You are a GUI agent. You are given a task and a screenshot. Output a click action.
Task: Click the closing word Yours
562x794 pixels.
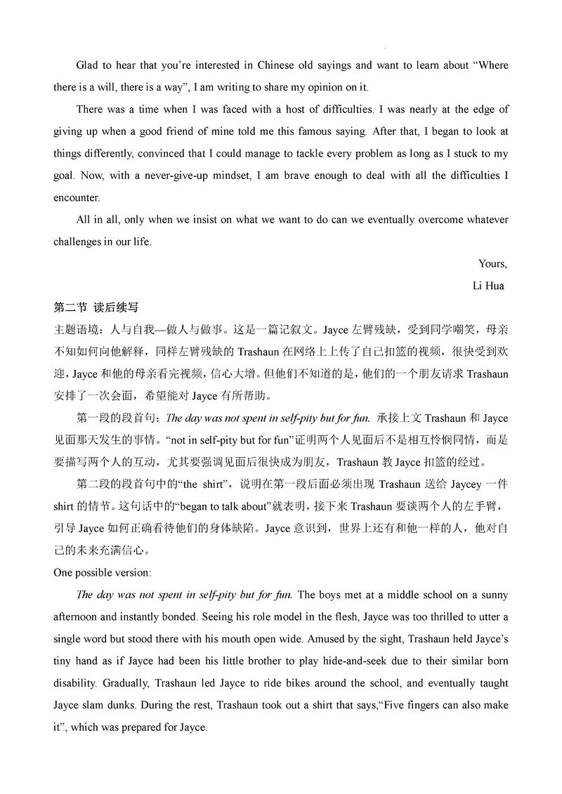[492, 264]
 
